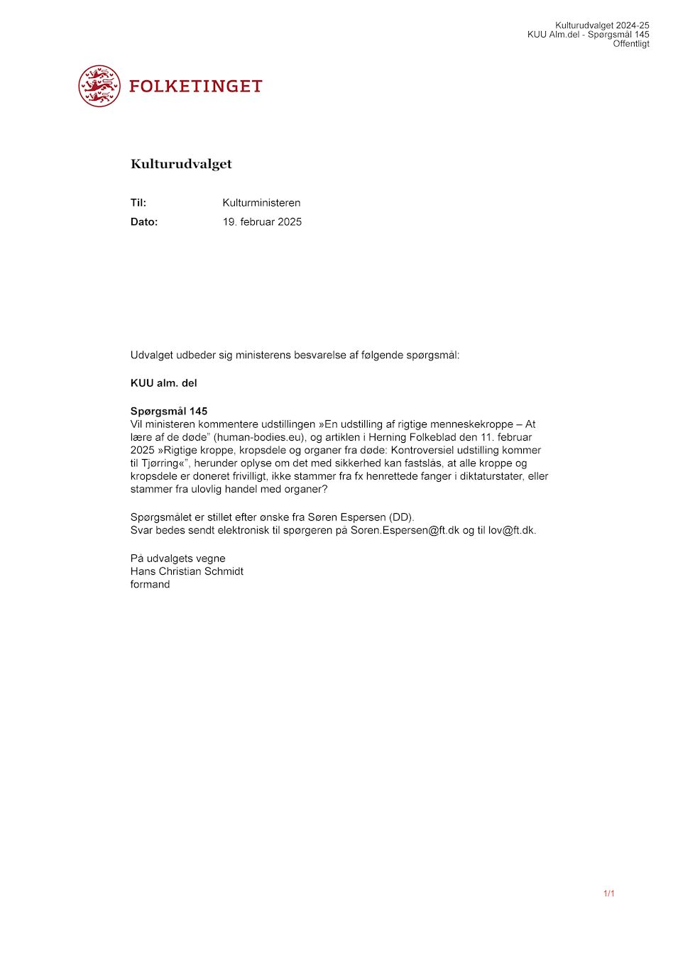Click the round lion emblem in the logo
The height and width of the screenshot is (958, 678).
(99, 86)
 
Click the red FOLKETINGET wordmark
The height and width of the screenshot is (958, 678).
(196, 87)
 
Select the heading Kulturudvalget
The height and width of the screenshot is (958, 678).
(181, 164)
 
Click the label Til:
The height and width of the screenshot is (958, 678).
(138, 203)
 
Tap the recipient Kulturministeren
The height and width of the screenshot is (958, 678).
(261, 203)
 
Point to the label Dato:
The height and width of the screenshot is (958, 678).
(144, 222)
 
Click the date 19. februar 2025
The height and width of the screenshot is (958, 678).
(262, 222)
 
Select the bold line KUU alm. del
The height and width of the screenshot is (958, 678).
(164, 383)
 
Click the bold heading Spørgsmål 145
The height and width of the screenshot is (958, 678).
(169, 411)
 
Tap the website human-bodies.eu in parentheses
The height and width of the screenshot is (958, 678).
(258, 437)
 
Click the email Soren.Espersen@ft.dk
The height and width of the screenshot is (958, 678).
(405, 530)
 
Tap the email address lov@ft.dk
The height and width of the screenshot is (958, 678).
(511, 530)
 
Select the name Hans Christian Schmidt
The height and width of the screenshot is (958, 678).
(187, 571)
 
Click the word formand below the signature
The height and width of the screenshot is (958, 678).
(150, 585)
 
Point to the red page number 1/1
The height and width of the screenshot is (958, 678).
(608, 893)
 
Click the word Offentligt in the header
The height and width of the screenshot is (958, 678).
(631, 44)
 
